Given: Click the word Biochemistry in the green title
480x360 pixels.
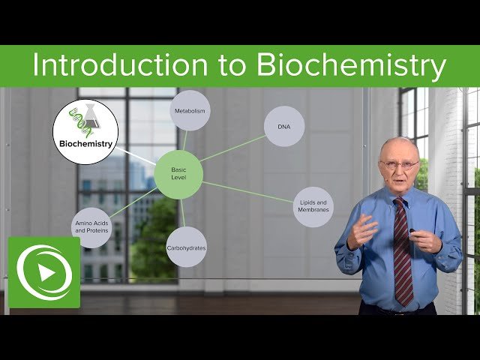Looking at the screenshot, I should click(x=351, y=66).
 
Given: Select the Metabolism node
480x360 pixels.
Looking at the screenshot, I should click(x=190, y=111).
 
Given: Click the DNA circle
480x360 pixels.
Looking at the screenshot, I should click(x=283, y=127).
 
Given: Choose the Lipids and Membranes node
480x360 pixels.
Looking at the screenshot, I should click(x=313, y=206).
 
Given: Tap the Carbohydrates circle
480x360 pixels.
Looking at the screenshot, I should click(x=186, y=247).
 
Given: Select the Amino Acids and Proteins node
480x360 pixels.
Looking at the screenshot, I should click(x=91, y=226).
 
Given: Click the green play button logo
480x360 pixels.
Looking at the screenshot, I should click(x=43, y=272).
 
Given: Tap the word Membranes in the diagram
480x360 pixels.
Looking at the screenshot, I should click(x=313, y=211).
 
